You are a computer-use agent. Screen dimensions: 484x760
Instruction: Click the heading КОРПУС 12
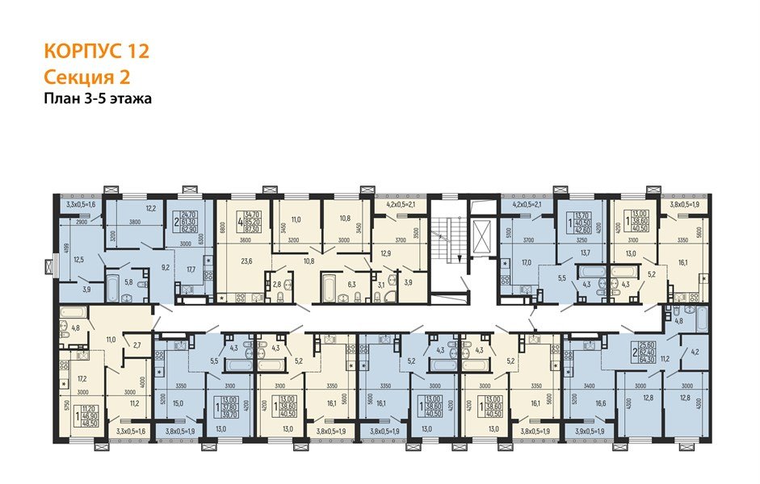(96, 52)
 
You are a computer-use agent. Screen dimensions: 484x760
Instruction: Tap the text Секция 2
(85, 77)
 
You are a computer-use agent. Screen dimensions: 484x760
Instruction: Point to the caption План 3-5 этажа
(98, 98)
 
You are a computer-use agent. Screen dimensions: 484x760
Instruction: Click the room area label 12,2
(150, 209)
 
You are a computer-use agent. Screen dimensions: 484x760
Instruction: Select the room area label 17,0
(526, 262)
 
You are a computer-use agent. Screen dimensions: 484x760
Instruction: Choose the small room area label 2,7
(136, 345)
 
